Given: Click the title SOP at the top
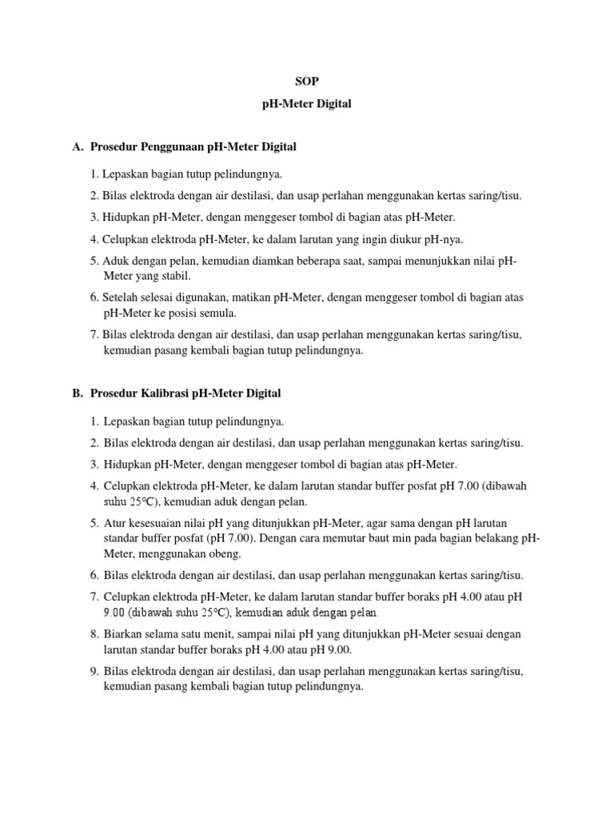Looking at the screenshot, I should [307, 82].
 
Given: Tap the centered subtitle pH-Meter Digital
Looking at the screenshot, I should [307, 105].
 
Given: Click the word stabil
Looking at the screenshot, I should [174, 275].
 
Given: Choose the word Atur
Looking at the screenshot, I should [114, 523].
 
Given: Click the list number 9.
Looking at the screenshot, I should [94, 671].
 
